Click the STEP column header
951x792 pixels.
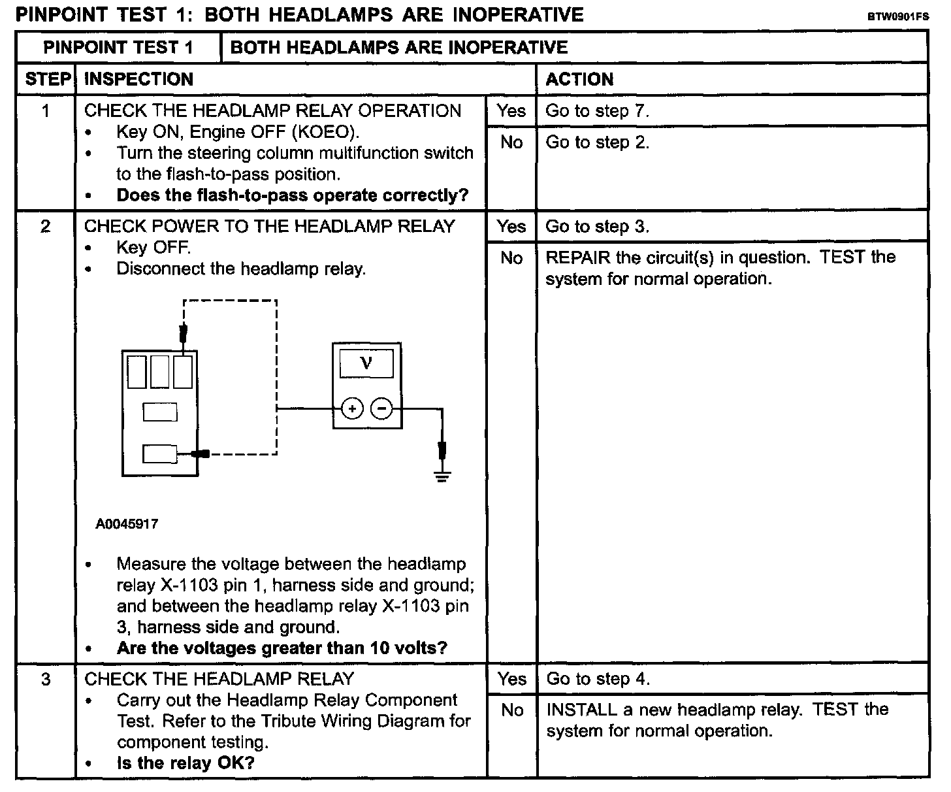pyautogui.click(x=47, y=79)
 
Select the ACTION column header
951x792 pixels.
pyautogui.click(x=579, y=79)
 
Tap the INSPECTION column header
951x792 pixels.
pyautogui.click(x=139, y=79)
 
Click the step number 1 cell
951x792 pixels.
pyautogui.click(x=46, y=111)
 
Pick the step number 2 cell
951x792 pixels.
pyautogui.click(x=46, y=227)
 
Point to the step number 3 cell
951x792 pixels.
pyautogui.click(x=46, y=680)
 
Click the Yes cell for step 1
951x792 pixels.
pyautogui.click(x=511, y=111)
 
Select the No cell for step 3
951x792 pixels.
pyautogui.click(x=511, y=710)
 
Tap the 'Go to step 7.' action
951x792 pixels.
pyautogui.click(x=597, y=111)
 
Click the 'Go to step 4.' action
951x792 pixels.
pyautogui.click(x=598, y=680)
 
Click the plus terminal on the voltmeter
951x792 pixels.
pyautogui.click(x=352, y=410)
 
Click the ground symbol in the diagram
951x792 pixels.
pyautogui.click(x=443, y=476)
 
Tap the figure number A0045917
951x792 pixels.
pyautogui.click(x=127, y=524)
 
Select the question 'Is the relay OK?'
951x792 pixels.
pyautogui.click(x=185, y=763)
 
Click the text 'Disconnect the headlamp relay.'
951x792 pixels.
pyautogui.click(x=241, y=269)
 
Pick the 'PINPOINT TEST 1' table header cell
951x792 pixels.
pyautogui.click(x=118, y=48)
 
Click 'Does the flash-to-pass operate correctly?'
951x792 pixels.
pyautogui.click(x=293, y=195)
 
